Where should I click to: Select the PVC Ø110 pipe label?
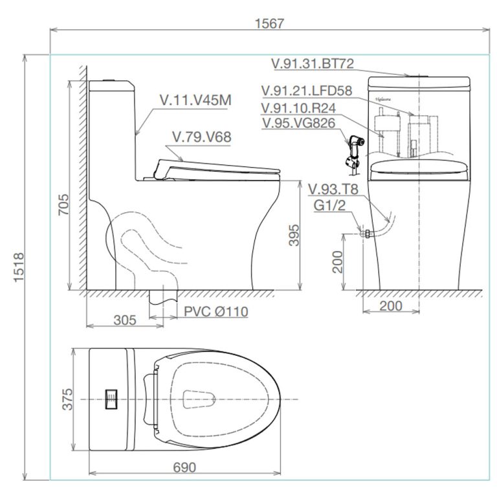click(x=215, y=312)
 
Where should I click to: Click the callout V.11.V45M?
click(x=191, y=101)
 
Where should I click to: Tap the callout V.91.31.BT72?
click(x=312, y=63)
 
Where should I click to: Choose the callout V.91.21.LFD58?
click(x=306, y=91)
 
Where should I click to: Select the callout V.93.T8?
click(x=333, y=189)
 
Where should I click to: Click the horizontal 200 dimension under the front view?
click(x=390, y=306)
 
